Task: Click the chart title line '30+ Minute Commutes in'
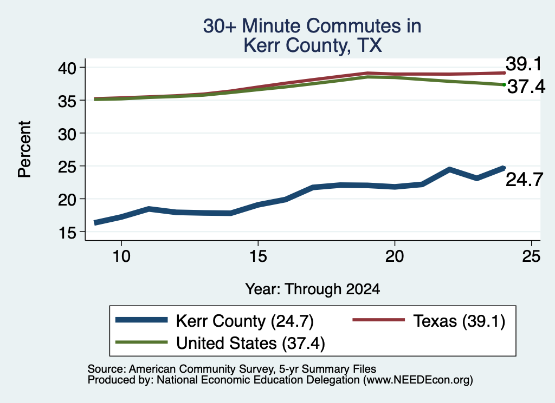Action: pyautogui.click(x=312, y=26)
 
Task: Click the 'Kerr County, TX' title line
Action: pyautogui.click(x=313, y=45)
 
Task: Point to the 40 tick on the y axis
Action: pyautogui.click(x=67, y=68)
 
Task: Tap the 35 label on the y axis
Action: pyautogui.click(x=67, y=101)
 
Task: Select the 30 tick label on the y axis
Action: pyautogui.click(x=67, y=134)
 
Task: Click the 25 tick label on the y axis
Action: pyautogui.click(x=67, y=167)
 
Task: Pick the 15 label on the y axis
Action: pyautogui.click(x=67, y=232)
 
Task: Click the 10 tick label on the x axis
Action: pyautogui.click(x=121, y=256)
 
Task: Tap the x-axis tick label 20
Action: pyautogui.click(x=395, y=256)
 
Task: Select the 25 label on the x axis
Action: pyautogui.click(x=531, y=256)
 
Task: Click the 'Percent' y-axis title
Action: pyautogui.click(x=24, y=149)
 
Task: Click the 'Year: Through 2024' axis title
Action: pyautogui.click(x=313, y=289)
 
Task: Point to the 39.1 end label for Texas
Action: pyautogui.click(x=524, y=64)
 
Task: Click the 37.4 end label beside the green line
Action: pyautogui.click(x=526, y=87)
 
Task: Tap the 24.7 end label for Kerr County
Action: pyautogui.click(x=524, y=180)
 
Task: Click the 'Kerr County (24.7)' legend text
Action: pyautogui.click(x=245, y=321)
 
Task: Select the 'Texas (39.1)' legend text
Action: pyautogui.click(x=459, y=321)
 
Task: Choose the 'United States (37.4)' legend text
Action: pyautogui.click(x=250, y=343)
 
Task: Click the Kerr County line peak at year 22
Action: pyautogui.click(x=449, y=170)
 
